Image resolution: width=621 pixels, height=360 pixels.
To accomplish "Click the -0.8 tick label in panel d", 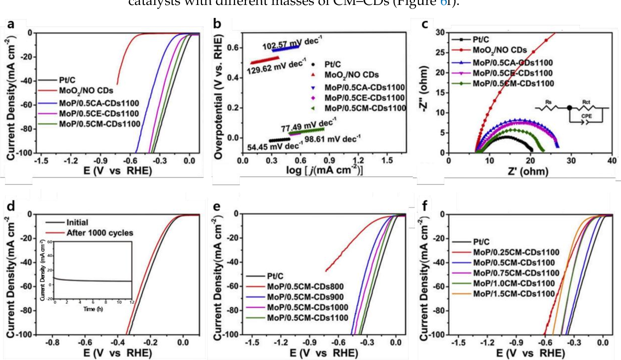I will pos(52,343).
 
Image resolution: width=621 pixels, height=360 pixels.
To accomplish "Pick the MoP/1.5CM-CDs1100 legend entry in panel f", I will pos(514,293).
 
